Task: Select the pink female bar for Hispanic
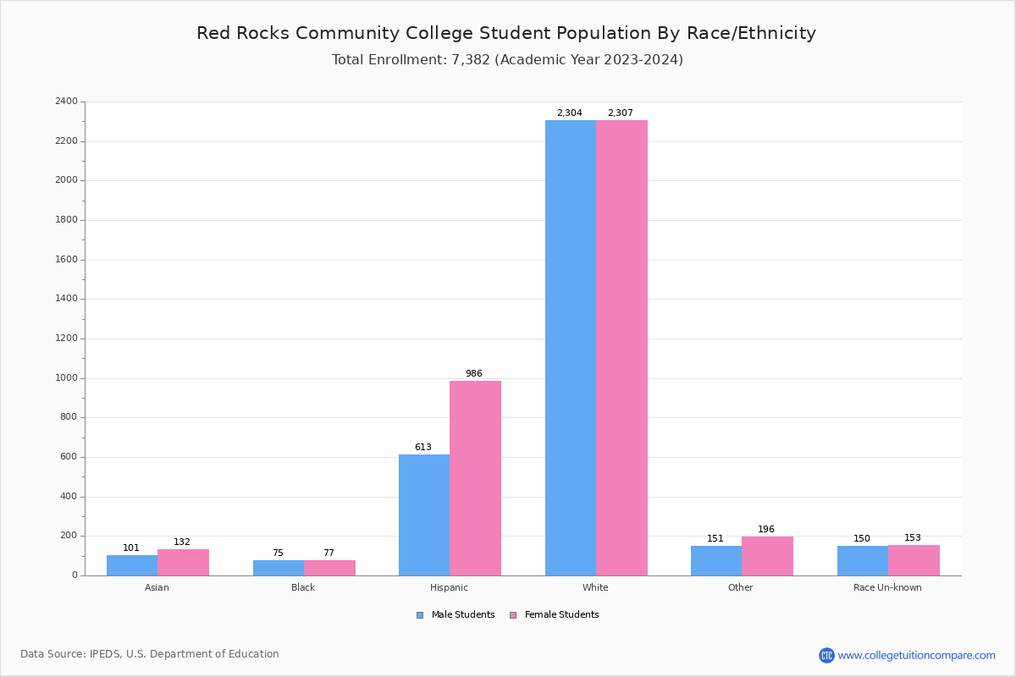[475, 478]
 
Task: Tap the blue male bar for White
[571, 348]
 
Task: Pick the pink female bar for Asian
[183, 563]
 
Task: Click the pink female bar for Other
[767, 556]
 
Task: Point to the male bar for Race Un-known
[863, 561]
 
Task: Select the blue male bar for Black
[279, 568]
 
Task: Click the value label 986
[474, 373]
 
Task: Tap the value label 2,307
[621, 113]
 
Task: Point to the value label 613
[423, 447]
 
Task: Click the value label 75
[278, 553]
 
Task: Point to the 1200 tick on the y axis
[66, 338]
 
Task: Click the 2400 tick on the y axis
[66, 102]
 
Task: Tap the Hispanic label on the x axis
[449, 587]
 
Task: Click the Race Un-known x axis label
[887, 587]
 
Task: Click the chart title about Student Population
[506, 33]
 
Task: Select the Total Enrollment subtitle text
[507, 60]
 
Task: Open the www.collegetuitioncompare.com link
[916, 655]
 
